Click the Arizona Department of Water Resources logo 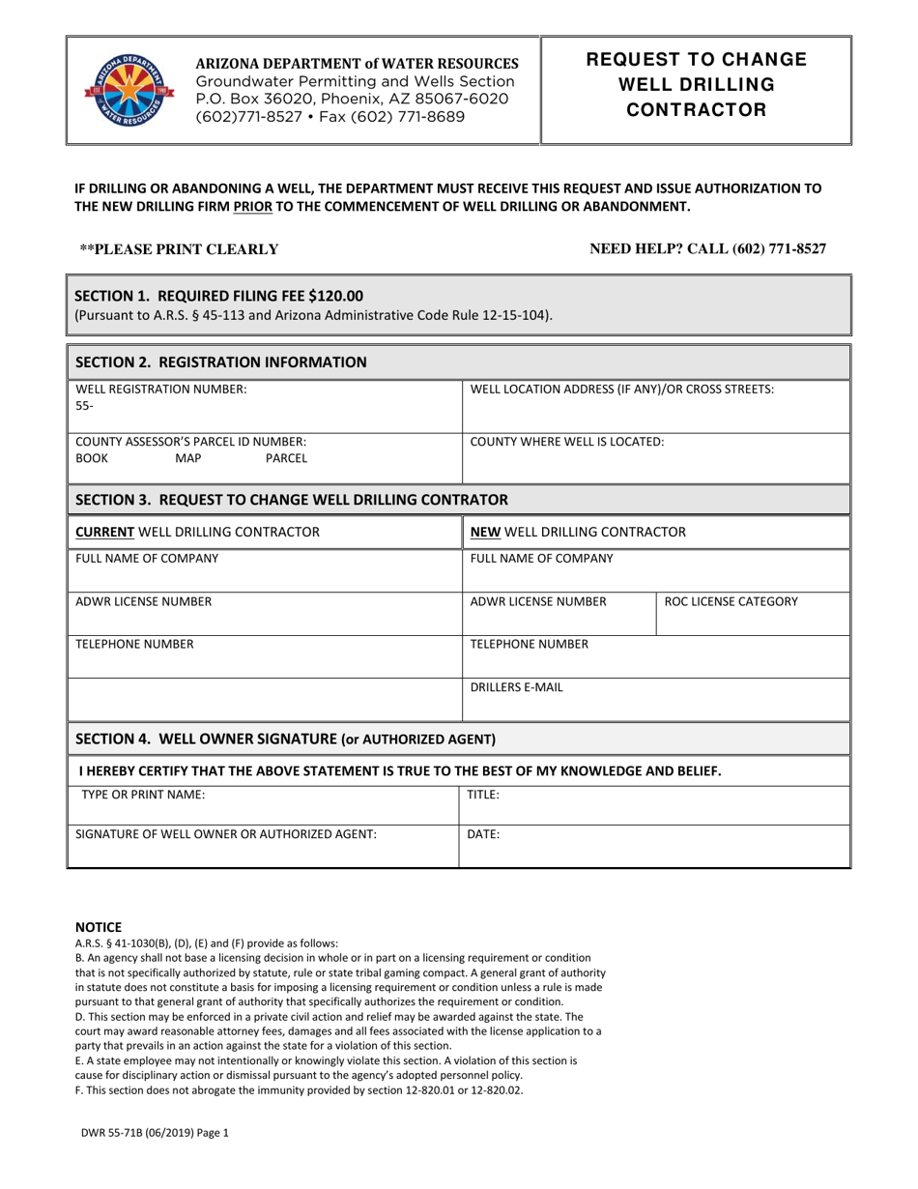(122, 90)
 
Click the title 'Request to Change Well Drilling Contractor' (696, 84)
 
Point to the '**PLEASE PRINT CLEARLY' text (179, 249)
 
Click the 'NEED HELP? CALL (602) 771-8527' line (707, 248)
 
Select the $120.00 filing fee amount (330, 296)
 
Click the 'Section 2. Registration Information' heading (220, 362)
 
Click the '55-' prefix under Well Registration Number (85, 406)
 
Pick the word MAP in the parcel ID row (188, 457)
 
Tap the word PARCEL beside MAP (286, 457)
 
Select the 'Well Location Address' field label (621, 389)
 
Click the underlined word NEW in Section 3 (485, 532)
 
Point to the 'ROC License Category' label (732, 601)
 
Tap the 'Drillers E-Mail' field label (516, 687)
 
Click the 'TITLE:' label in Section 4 (483, 795)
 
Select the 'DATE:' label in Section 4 (483, 833)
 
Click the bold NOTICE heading (99, 926)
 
